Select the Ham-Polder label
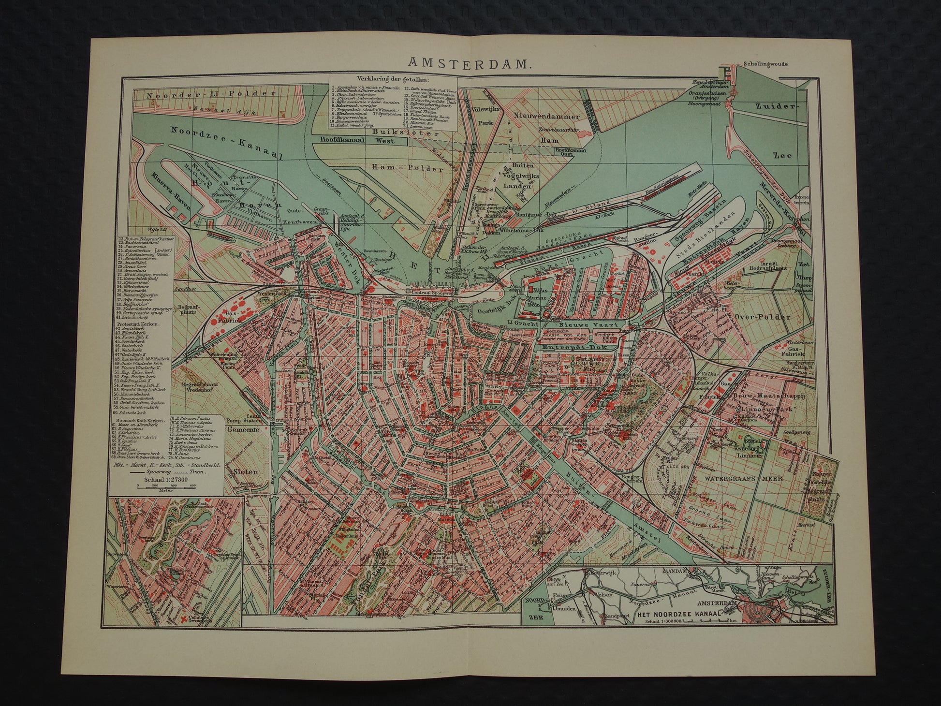(x=408, y=168)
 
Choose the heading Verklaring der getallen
(x=393, y=80)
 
